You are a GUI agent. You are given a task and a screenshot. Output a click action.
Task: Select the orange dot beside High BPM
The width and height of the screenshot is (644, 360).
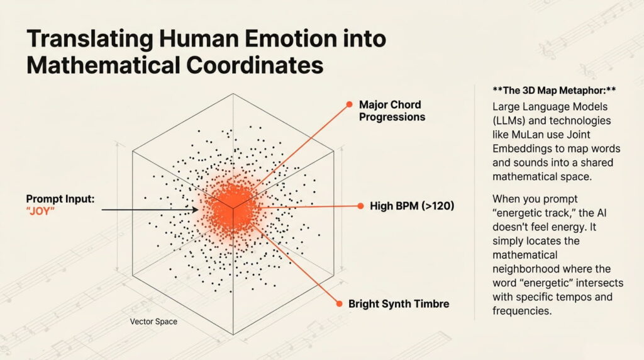point(360,206)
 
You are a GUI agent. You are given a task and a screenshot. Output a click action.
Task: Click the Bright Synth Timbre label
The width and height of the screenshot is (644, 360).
point(399,304)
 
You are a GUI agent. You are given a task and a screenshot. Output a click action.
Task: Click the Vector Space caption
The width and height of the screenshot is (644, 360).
point(153,322)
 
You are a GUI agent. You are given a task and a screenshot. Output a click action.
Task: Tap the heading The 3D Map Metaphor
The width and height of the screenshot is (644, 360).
point(545,90)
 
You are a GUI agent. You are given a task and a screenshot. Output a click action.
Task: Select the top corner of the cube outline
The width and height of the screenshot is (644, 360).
point(233,94)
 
